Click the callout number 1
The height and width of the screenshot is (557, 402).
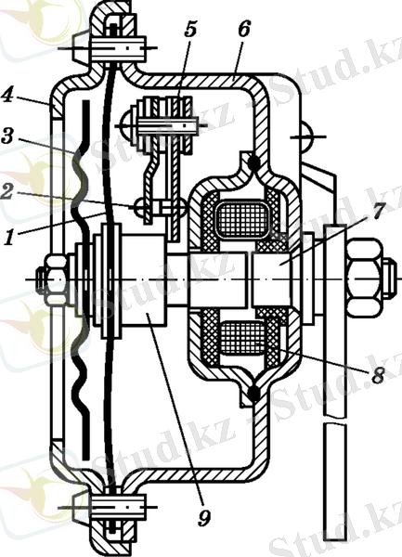[10, 237]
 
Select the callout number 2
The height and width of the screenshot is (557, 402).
[7, 192]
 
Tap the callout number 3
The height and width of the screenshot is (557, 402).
[8, 136]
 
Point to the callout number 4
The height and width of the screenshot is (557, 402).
[7, 95]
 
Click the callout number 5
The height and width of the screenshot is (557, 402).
[190, 30]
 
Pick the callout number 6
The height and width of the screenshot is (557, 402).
[244, 29]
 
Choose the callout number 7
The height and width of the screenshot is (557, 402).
[378, 212]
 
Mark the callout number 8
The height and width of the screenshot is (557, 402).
[377, 374]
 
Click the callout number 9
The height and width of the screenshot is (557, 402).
[204, 518]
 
